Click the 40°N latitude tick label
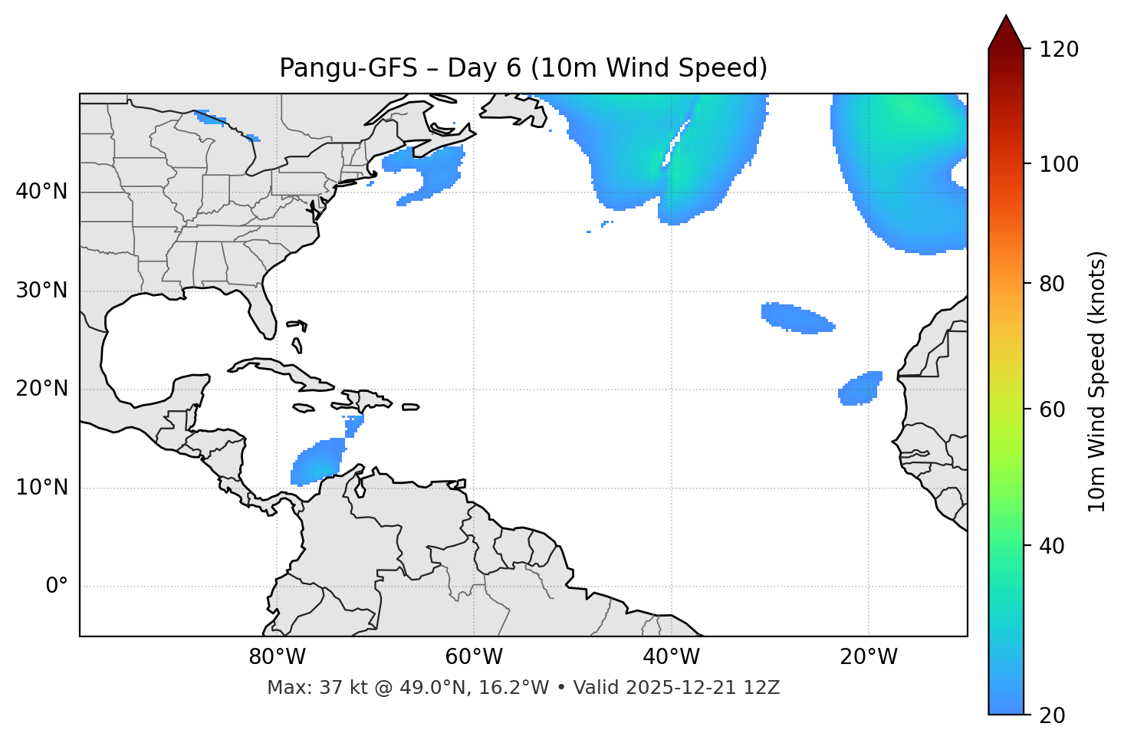coord(41,192)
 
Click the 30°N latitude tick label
coord(41,291)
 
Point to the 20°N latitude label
coord(41,389)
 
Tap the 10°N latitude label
coord(41,488)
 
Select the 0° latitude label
coord(57,587)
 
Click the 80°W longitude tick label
coord(277,657)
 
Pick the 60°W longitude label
coord(474,657)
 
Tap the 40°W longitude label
coord(671,657)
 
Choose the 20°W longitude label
coord(868,657)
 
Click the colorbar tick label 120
coord(1058,49)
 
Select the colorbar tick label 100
coord(1058,164)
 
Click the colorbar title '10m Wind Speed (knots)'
coord(1097,382)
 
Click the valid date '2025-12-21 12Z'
coord(702,688)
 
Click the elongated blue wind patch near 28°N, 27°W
coord(797,317)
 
